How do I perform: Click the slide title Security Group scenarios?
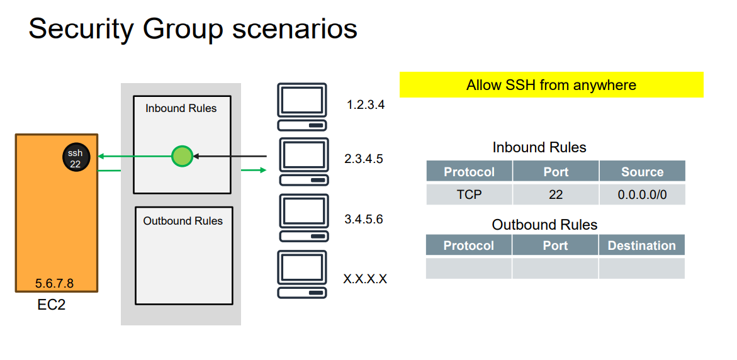(x=193, y=29)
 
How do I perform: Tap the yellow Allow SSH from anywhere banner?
(x=551, y=85)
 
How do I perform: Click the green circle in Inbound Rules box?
(x=182, y=155)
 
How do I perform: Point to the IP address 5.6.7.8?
(x=54, y=284)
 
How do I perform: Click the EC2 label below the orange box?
(x=52, y=305)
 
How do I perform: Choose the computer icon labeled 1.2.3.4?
(x=303, y=106)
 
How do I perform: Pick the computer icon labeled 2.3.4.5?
(x=303, y=161)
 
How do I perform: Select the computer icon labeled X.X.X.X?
(x=303, y=274)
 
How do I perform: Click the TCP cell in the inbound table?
(x=469, y=194)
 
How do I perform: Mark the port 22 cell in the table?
(x=556, y=194)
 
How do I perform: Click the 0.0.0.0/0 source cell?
(x=642, y=194)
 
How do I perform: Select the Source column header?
(x=642, y=172)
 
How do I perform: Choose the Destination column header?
(x=641, y=245)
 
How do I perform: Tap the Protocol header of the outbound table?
(x=468, y=245)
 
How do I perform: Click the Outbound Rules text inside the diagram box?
(x=183, y=221)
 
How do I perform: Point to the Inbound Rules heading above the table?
(x=539, y=147)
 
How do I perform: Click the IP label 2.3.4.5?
(x=364, y=159)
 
